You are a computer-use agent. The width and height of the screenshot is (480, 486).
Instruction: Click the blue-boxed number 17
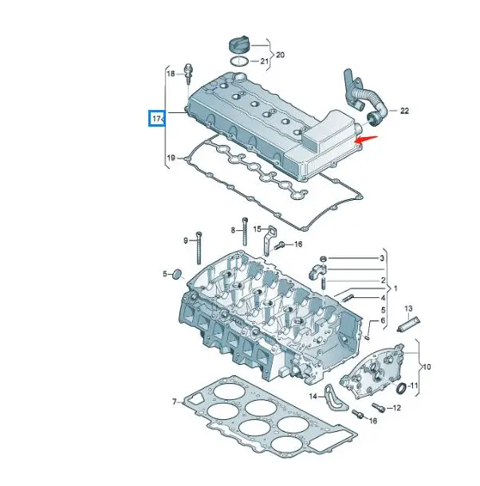[157, 120]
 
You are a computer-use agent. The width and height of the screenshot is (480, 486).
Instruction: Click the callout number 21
[264, 62]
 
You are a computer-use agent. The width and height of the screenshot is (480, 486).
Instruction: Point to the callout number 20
[280, 55]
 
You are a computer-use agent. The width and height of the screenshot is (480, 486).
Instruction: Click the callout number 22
[404, 111]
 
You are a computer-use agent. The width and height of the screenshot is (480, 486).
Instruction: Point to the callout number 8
[234, 229]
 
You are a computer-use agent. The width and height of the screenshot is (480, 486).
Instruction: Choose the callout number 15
[258, 229]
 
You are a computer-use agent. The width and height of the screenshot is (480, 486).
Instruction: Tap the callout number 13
[408, 308]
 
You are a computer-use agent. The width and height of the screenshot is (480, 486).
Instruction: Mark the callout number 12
[398, 409]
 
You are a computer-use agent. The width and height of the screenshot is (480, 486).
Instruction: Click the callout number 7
[175, 402]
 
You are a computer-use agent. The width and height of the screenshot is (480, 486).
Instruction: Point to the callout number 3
[382, 259]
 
